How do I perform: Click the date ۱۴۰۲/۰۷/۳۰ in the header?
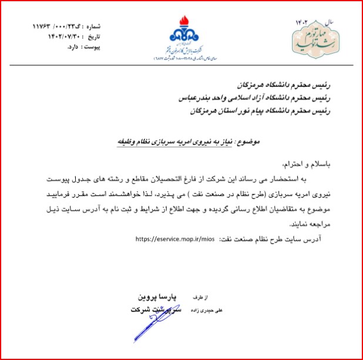click(56, 36)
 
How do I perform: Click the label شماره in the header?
click(93, 27)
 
